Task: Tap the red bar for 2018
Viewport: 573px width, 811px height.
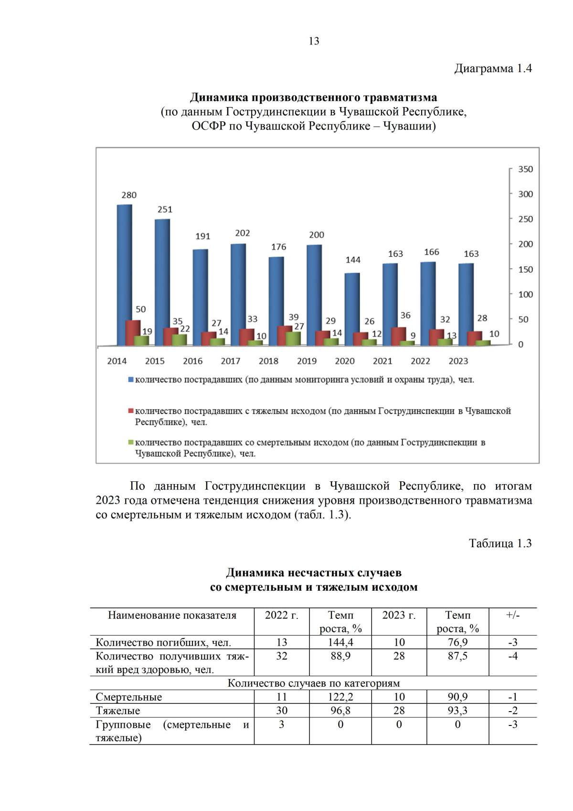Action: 284,335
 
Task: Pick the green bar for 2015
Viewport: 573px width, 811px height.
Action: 179,340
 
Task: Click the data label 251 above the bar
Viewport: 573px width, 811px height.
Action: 165,209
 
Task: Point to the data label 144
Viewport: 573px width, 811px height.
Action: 353,260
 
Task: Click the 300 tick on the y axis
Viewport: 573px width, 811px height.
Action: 525,194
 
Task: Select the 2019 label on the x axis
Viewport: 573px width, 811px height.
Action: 307,361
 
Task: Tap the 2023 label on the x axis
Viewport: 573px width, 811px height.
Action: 458,361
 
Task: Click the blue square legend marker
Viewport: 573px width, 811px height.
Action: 130,380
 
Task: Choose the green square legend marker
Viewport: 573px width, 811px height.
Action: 130,443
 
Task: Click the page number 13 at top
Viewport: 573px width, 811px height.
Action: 314,41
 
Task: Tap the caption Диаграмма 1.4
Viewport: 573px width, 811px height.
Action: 493,69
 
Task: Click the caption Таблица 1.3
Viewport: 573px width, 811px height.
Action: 500,543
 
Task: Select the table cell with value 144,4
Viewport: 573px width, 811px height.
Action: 340,642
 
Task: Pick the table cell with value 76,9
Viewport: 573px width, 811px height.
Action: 457,642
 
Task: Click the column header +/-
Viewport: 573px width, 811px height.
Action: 513,615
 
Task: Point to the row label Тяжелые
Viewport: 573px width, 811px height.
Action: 118,711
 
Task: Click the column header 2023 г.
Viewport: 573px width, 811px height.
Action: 399,615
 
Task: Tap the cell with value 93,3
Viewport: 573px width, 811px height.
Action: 457,711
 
